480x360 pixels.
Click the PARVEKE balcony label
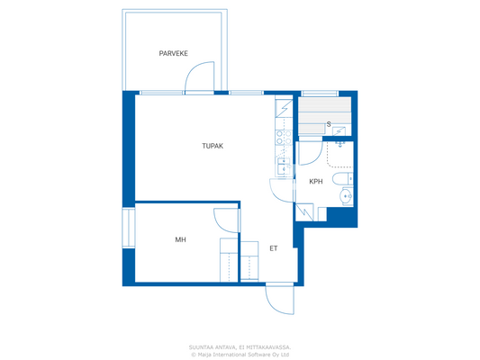[x=173, y=54]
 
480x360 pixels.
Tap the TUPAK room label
[x=212, y=145]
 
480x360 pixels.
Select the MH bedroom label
[x=180, y=239]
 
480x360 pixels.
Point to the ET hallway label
[x=273, y=248]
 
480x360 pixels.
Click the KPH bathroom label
[x=315, y=182]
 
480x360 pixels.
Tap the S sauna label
[x=329, y=124]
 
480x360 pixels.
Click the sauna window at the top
[x=320, y=93]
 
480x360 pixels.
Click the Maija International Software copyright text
[x=240, y=354]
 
